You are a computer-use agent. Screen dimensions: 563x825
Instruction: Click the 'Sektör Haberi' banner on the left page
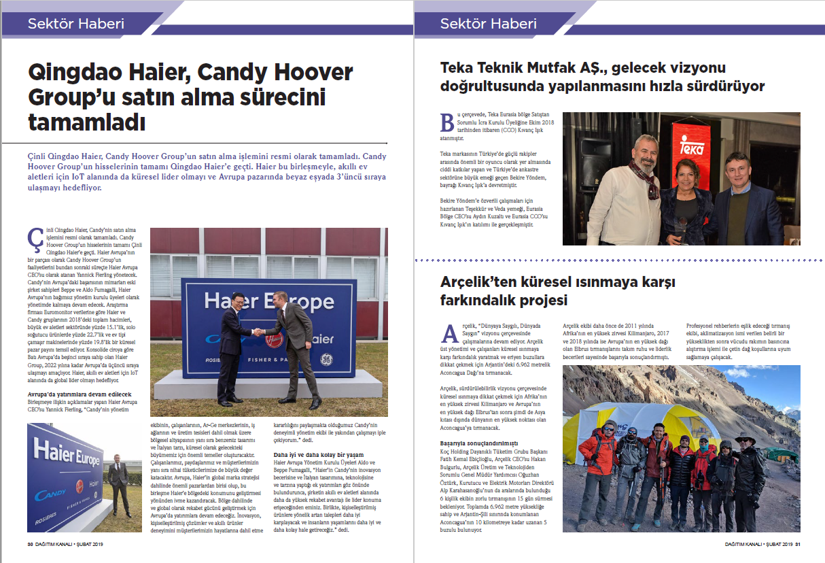tap(76, 24)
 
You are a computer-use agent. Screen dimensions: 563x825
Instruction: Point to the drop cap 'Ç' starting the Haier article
tap(34, 239)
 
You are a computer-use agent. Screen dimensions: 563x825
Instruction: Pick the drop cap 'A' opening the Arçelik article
tap(449, 332)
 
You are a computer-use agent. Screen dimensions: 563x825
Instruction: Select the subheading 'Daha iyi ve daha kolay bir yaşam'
tap(318, 454)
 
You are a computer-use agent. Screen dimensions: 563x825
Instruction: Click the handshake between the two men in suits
tap(259, 332)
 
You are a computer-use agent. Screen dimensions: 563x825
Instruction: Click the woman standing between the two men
tap(682, 204)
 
